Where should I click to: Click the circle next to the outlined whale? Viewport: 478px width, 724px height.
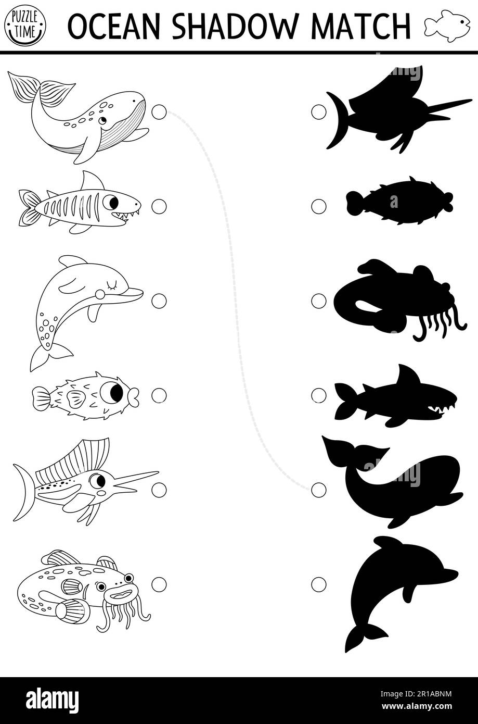click(159, 112)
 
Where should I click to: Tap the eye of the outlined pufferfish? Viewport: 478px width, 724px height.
click(112, 393)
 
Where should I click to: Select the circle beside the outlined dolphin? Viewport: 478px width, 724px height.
click(159, 301)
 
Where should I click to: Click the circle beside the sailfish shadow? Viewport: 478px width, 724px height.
click(319, 112)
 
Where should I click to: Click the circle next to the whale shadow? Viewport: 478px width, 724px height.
click(319, 490)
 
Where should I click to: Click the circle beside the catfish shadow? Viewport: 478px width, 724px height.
click(319, 301)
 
